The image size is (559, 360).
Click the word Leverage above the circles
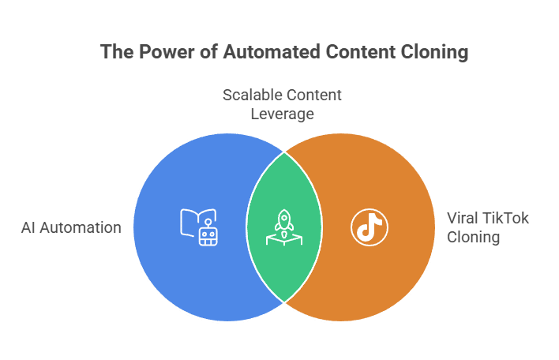[282, 114]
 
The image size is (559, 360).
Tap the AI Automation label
[70, 228]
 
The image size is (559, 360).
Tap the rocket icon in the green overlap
[283, 220]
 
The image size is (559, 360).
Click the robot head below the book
[208, 236]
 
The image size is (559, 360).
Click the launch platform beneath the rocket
[283, 238]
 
